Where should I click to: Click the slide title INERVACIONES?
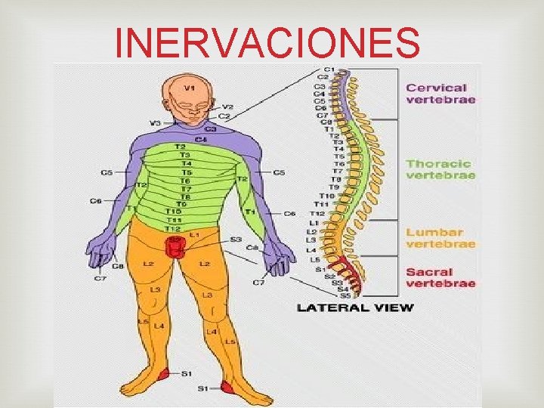click(x=267, y=42)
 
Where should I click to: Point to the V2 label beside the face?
click(x=227, y=107)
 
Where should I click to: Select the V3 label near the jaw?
click(x=156, y=122)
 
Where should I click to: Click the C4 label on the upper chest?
click(x=201, y=139)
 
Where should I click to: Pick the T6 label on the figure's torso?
click(x=185, y=181)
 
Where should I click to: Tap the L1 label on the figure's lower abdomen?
click(x=194, y=235)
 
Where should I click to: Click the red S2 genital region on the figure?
click(x=175, y=246)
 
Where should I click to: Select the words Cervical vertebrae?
click(x=440, y=94)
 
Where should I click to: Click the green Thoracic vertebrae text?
click(x=440, y=169)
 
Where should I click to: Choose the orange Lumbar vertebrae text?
click(x=440, y=238)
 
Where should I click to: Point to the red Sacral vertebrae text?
click(x=440, y=277)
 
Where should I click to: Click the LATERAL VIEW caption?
click(x=355, y=308)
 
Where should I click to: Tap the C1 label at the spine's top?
click(x=330, y=70)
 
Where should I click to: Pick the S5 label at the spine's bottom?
click(x=344, y=295)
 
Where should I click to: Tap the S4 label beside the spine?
click(x=342, y=289)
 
